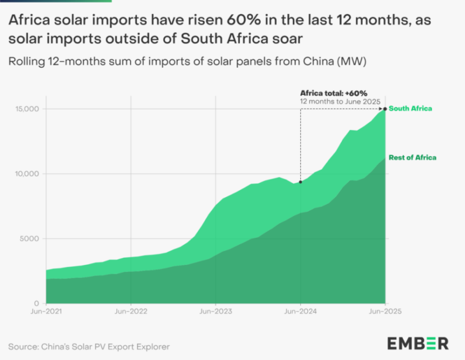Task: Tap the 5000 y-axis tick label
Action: point(30,238)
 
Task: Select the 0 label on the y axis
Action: point(37,303)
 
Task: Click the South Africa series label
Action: point(410,109)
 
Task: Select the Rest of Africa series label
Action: point(412,157)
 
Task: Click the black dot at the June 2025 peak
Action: point(385,109)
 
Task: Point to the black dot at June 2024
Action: point(301,182)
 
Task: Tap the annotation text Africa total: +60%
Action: point(333,92)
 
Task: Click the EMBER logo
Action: point(418,342)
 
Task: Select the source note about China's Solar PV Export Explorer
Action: point(89,347)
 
